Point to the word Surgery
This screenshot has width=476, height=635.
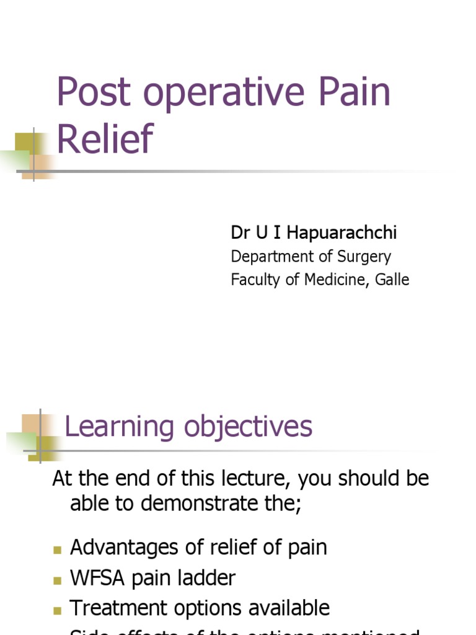pyautogui.click(x=364, y=257)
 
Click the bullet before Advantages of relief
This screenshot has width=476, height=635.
pyautogui.click(x=58, y=549)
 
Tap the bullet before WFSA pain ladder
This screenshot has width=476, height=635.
pyautogui.click(x=58, y=580)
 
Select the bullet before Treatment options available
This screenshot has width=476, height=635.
pyautogui.click(x=58, y=610)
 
